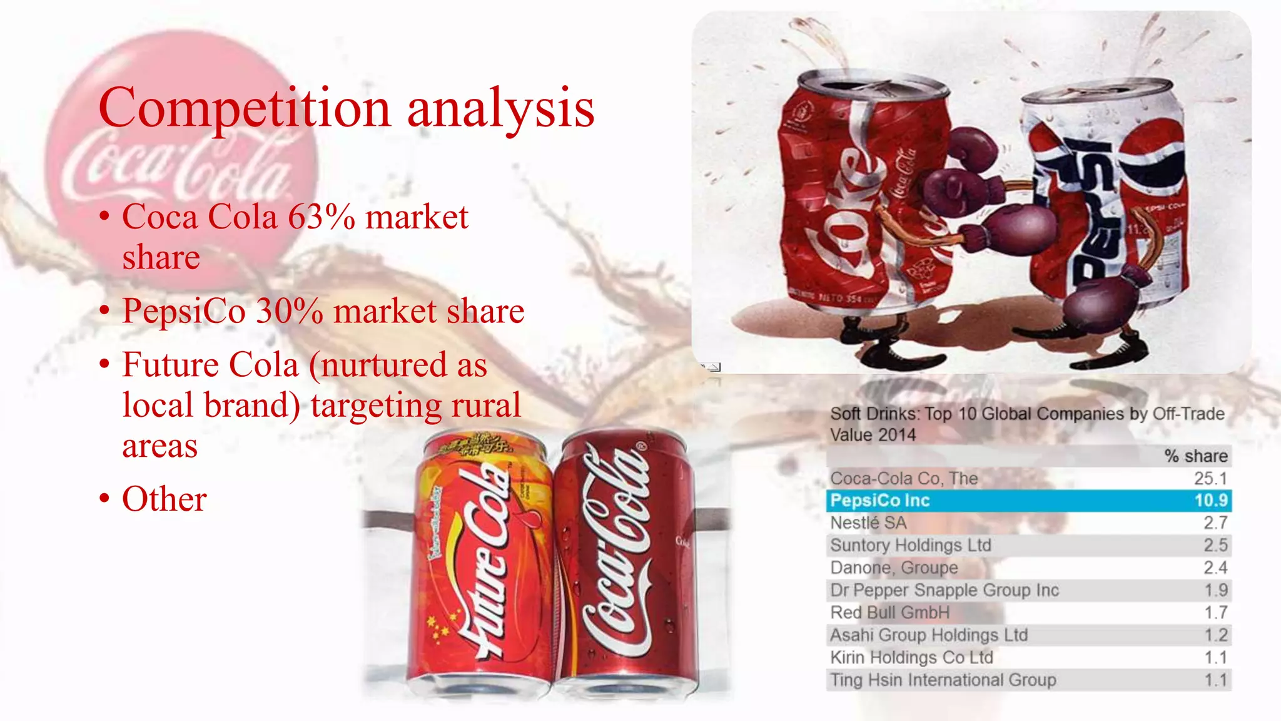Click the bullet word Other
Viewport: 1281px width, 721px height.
point(164,499)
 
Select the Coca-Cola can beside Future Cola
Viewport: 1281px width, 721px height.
point(625,563)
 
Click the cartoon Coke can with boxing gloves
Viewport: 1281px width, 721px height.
point(863,200)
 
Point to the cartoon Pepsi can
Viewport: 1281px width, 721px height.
point(1107,200)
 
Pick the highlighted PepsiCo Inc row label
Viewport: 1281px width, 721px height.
point(879,501)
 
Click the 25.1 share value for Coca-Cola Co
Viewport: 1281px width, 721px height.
point(1210,479)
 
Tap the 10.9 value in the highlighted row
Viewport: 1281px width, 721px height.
point(1211,501)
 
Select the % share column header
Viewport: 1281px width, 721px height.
point(1196,456)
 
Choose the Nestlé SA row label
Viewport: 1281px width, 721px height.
point(868,523)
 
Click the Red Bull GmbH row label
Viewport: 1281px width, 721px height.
point(889,613)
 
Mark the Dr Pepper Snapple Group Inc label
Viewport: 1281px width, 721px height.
point(944,590)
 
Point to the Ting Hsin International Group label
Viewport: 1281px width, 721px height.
point(943,680)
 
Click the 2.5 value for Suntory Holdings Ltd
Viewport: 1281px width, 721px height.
point(1215,546)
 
